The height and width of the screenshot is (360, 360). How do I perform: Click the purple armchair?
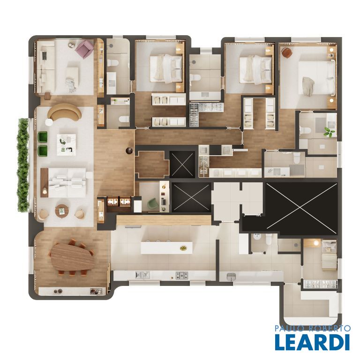click(x=84, y=49)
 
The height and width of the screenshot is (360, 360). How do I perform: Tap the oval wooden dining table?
click(x=73, y=256)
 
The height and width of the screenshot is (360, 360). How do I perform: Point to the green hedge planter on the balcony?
click(x=23, y=165)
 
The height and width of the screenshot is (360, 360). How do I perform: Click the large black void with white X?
click(x=301, y=208)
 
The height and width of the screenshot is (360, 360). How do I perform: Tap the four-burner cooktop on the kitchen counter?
click(x=182, y=275)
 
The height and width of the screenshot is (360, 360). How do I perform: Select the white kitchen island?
click(x=166, y=247)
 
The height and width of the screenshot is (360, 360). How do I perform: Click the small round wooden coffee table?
click(x=62, y=210)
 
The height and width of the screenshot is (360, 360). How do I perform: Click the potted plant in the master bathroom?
click(x=329, y=133)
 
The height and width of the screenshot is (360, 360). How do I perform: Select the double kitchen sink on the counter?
click(x=142, y=275)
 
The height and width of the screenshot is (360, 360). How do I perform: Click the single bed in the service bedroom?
click(x=329, y=255)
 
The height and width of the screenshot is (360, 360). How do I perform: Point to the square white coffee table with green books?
click(x=67, y=145)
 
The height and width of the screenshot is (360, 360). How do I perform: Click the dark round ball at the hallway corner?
click(x=129, y=150)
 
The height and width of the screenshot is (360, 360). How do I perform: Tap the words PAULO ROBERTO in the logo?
click(x=313, y=328)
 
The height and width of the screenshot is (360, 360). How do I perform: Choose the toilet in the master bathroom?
click(x=305, y=130)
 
